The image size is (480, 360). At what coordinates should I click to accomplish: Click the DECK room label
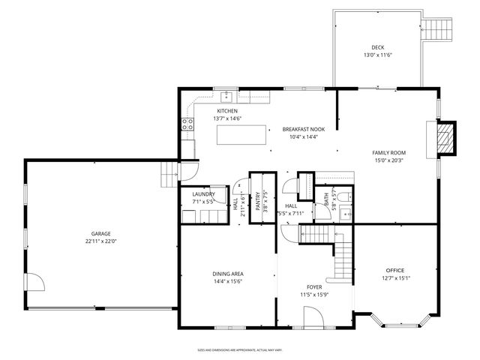[x=377, y=47]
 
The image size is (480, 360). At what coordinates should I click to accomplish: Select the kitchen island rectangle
[x=242, y=135]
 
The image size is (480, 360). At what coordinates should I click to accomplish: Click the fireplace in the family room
[x=445, y=137]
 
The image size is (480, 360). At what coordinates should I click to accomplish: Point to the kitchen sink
[x=226, y=95]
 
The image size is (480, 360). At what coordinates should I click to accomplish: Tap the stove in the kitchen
[x=187, y=126]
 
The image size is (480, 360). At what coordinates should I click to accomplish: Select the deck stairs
[x=439, y=30]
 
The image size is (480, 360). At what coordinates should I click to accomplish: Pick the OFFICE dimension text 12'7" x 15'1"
[x=394, y=278]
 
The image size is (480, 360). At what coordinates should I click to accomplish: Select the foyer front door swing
[x=316, y=318]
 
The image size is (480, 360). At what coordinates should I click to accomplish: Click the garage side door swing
[x=35, y=283]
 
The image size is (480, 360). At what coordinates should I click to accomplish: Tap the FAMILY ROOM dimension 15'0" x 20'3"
[x=388, y=160]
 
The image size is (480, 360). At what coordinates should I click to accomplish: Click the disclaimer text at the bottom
[x=240, y=349]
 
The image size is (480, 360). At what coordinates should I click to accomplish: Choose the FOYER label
[x=314, y=286]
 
